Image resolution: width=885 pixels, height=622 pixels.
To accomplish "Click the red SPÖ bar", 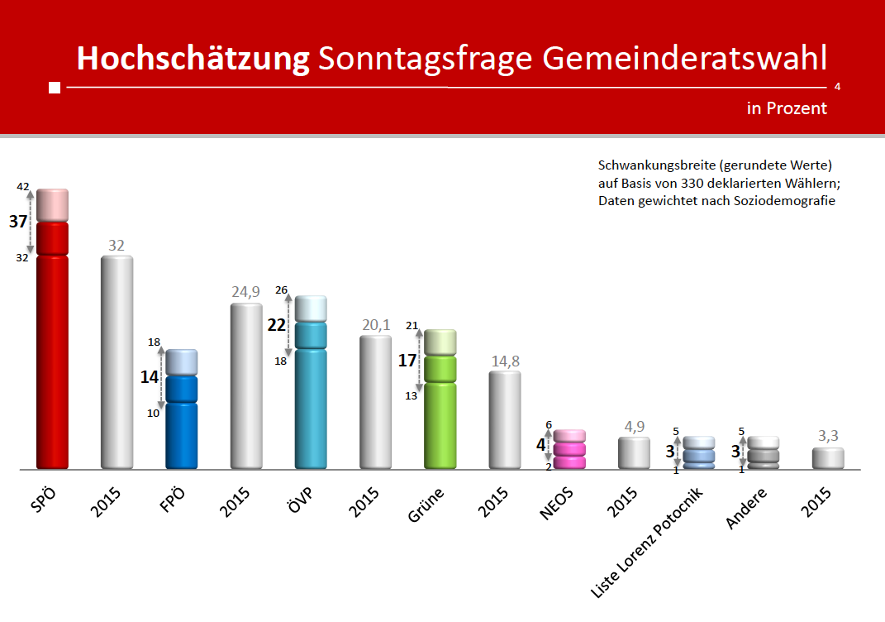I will pos(52,347).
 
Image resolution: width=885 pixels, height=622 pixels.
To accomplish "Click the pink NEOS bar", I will pos(569,450).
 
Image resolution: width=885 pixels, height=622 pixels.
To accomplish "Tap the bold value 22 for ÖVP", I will pos(276,325).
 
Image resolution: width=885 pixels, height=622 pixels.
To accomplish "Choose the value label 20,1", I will pos(375,324).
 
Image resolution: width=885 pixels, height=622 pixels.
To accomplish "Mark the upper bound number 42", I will pos(23,188).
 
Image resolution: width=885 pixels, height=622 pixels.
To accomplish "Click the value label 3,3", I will pos(828,436).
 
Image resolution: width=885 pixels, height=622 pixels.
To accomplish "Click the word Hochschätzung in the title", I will pos(193,58).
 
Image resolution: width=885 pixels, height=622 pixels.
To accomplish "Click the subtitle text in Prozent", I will pos(787,108).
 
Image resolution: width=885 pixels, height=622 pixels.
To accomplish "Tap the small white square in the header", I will pos(55,88).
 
